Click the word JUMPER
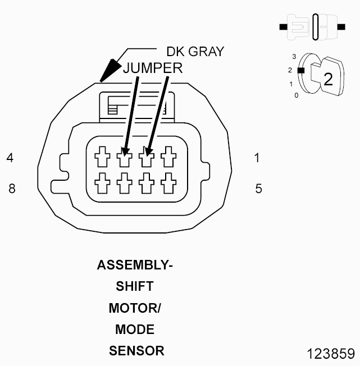tap(153, 68)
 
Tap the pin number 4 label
tap(10, 158)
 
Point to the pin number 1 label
tap(257, 158)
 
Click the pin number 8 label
tap(12, 189)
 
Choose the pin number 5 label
tap(258, 189)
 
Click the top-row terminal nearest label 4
tap(102, 157)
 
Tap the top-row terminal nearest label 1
tap(167, 157)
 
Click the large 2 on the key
tap(328, 79)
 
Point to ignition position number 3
tap(294, 57)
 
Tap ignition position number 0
tap(296, 95)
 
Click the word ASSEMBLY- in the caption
tap(135, 265)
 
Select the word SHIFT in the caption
tap(135, 286)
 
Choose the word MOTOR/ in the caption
tap(135, 308)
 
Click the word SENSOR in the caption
tap(136, 351)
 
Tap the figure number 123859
tap(331, 354)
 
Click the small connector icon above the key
tap(312, 26)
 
